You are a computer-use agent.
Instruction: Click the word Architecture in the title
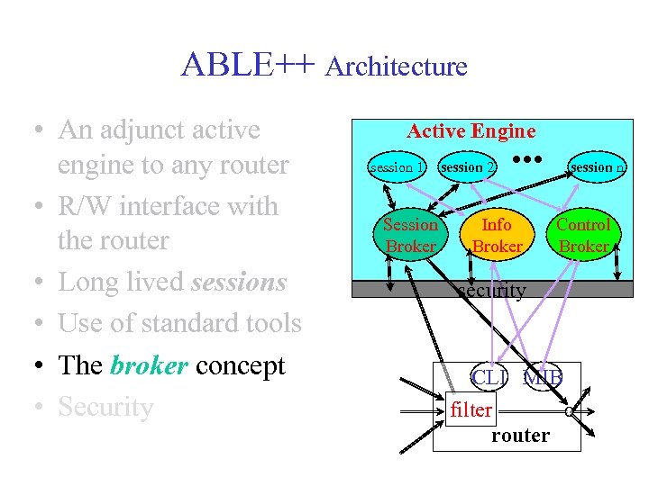(x=397, y=67)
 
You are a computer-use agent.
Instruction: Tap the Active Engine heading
(x=471, y=131)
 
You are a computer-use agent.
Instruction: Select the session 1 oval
(x=396, y=166)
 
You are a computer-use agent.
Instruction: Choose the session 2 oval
(x=466, y=166)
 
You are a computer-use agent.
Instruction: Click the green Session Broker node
(x=410, y=235)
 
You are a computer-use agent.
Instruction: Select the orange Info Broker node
(x=497, y=235)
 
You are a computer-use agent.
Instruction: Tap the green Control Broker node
(x=583, y=235)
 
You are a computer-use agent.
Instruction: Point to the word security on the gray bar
(x=490, y=290)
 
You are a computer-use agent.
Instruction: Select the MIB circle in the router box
(x=544, y=378)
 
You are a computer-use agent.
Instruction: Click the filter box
(x=471, y=410)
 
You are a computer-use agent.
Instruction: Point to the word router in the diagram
(x=520, y=436)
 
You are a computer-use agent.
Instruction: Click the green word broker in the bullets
(x=147, y=365)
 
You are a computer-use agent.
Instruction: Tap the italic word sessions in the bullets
(x=239, y=282)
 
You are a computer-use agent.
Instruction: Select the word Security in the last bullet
(x=105, y=407)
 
